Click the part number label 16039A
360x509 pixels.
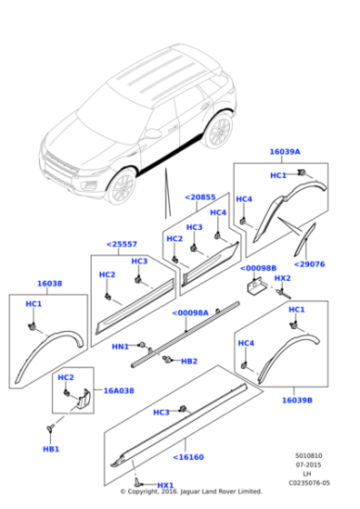pyautogui.click(x=284, y=152)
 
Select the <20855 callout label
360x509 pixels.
pyautogui.click(x=200, y=197)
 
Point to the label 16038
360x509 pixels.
pyautogui.click(x=49, y=284)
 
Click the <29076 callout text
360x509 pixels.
pyautogui.click(x=310, y=264)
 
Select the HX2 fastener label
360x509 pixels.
pyautogui.click(x=282, y=278)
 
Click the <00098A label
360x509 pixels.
pyautogui.click(x=190, y=313)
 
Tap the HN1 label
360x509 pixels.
pyautogui.click(x=120, y=346)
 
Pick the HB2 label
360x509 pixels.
pyautogui.click(x=188, y=361)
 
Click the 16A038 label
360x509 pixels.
pyautogui.click(x=117, y=390)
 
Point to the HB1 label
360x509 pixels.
pyautogui.click(x=51, y=449)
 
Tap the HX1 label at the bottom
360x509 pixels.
pyautogui.click(x=165, y=485)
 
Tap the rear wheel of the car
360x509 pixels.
pyautogui.click(x=218, y=133)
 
